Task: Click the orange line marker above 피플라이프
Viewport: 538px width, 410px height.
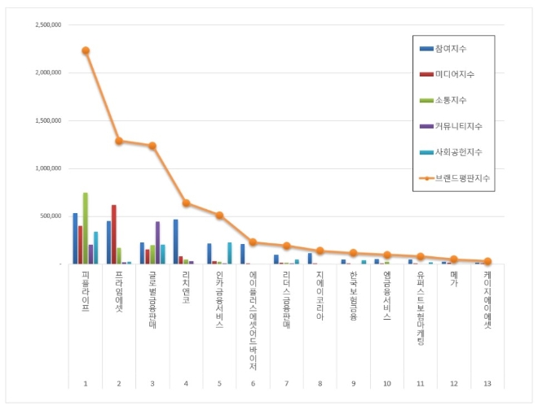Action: (86, 50)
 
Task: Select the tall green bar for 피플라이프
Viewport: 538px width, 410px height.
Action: (86, 228)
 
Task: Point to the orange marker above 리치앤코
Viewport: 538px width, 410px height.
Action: (186, 203)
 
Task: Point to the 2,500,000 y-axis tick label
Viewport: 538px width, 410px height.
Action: (48, 24)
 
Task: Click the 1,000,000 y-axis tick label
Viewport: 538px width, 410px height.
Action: (48, 168)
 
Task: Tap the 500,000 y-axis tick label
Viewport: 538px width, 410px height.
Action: (51, 216)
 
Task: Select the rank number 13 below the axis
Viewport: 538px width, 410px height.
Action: (487, 383)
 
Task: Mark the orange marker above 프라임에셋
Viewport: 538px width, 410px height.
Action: (119, 141)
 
